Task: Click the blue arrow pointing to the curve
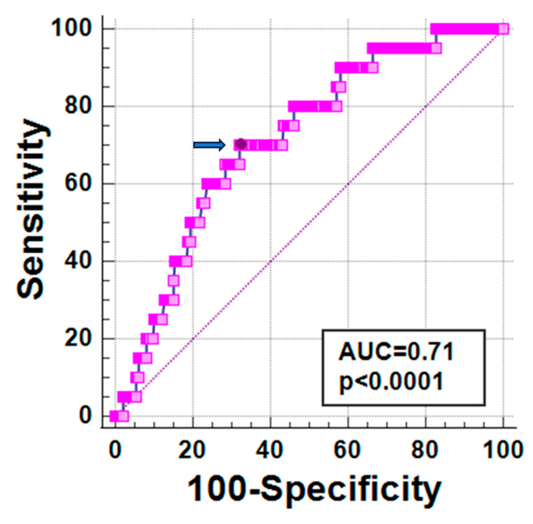pyautogui.click(x=209, y=145)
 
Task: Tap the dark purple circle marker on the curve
pyautogui.click(x=241, y=144)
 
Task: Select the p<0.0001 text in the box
pyautogui.click(x=391, y=382)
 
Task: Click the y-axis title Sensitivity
pyautogui.click(x=31, y=209)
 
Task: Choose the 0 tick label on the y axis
pyautogui.click(x=85, y=416)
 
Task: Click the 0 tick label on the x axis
pyautogui.click(x=115, y=450)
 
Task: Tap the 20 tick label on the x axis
pyautogui.click(x=192, y=450)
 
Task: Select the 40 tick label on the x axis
pyautogui.click(x=270, y=450)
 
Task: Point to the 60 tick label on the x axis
pyautogui.click(x=347, y=450)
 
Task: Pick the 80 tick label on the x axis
pyautogui.click(x=425, y=450)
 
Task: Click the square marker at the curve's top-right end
pyautogui.click(x=503, y=29)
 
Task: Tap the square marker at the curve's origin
pyautogui.click(x=123, y=416)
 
